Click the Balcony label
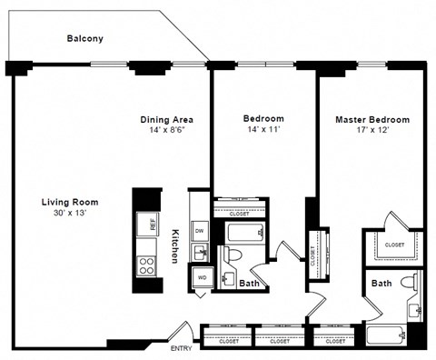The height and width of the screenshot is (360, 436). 85,39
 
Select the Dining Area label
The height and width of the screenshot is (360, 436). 166,119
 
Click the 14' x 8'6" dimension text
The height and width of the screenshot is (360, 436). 166,131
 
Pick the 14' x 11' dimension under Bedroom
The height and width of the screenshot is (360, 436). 263,131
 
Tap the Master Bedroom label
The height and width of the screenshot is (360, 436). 372,119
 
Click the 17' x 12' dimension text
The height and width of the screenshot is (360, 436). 372,131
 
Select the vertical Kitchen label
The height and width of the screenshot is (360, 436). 175,245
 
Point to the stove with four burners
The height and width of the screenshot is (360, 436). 147,265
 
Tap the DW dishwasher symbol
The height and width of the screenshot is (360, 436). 200,231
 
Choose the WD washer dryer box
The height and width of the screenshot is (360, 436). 200,276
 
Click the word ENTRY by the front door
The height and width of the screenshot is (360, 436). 181,349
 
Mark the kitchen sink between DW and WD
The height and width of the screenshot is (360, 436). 201,252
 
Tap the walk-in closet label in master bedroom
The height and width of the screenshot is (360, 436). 394,245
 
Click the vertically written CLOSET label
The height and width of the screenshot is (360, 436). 312,256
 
